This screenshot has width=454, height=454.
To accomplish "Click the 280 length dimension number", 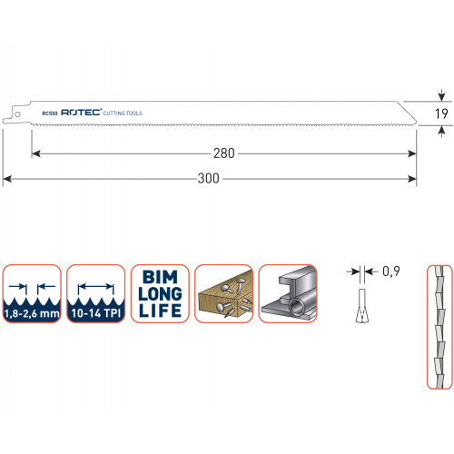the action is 224,153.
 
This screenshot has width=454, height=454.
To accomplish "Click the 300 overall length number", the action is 209,178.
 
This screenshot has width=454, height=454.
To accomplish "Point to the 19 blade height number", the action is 441,113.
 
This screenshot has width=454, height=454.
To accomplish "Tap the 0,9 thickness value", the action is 391,271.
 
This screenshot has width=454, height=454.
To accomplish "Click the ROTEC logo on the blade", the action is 81,113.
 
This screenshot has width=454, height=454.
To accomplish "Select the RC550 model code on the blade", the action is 50,113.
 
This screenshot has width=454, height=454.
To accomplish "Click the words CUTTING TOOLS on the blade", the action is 123,113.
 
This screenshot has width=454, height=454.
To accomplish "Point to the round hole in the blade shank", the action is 17,114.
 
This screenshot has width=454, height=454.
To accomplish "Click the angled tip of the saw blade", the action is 416,123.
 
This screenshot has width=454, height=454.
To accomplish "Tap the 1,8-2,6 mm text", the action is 32,313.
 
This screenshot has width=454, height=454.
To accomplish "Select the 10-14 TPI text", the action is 96,313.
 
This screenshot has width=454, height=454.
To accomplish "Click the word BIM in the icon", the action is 160,277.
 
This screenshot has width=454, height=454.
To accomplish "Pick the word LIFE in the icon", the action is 160,311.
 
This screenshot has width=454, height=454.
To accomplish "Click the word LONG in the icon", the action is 160,293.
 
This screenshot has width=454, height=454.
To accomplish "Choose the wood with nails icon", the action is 224,293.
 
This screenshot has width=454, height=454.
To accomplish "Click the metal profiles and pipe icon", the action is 288,293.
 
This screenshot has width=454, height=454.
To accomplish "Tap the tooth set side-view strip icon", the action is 439,327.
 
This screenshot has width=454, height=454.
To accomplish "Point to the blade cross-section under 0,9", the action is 362,306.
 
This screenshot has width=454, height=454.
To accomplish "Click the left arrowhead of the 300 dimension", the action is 7,179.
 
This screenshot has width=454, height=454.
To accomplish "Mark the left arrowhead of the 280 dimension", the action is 36,153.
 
